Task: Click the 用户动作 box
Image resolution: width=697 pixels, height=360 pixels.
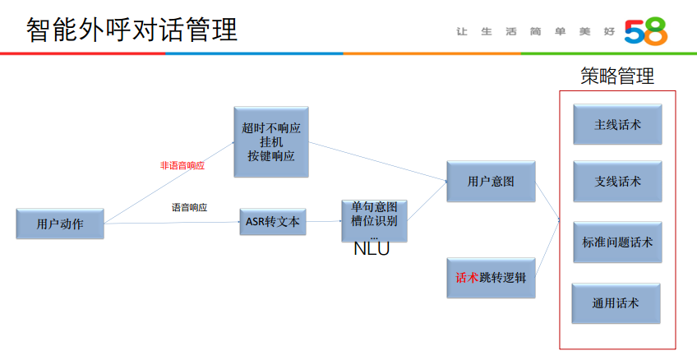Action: point(60,223)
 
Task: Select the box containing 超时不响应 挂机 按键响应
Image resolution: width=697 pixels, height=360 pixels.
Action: point(271,141)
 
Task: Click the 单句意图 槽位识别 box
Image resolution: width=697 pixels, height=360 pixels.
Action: point(374,217)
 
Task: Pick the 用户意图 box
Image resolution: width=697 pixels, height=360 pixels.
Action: point(491,182)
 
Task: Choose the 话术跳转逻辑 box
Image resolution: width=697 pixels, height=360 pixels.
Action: point(491,278)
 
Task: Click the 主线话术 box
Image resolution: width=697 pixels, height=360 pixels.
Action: point(617,125)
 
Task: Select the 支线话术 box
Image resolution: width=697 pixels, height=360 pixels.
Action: point(617,182)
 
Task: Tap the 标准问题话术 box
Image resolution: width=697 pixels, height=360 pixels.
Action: point(617,242)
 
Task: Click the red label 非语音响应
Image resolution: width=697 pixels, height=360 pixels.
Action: point(182,165)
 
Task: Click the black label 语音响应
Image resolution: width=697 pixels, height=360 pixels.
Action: point(189,207)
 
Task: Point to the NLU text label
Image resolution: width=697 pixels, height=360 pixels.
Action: point(372,249)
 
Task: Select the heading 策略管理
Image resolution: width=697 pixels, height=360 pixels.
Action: point(617,76)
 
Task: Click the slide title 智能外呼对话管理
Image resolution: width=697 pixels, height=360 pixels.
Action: point(132,30)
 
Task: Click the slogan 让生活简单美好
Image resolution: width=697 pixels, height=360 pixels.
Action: point(533,31)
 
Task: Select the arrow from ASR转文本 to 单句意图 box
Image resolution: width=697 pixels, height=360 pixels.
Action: point(323,222)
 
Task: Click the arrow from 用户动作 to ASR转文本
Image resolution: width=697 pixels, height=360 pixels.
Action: point(173,223)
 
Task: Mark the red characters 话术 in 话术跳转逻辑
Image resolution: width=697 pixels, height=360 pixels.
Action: point(467,278)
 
